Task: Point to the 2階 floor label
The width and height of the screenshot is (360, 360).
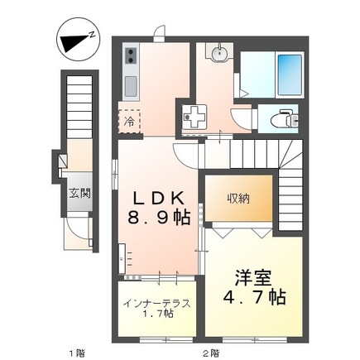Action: tap(213, 352)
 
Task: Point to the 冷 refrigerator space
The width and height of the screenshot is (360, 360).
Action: tap(129, 121)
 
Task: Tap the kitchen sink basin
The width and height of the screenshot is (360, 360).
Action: tap(131, 84)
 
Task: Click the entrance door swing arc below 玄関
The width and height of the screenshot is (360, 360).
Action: tap(77, 225)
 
